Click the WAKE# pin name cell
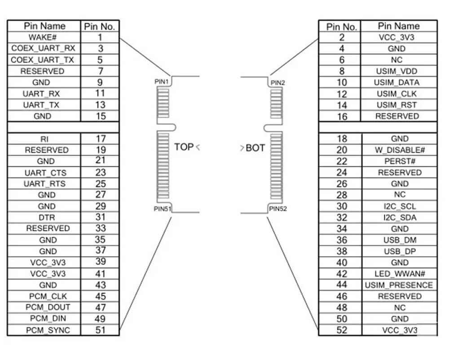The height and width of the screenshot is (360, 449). coord(44,37)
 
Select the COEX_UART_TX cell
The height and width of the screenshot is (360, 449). coord(44,60)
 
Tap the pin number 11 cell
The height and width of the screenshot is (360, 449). coord(100,93)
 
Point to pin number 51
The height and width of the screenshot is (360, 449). coord(100,330)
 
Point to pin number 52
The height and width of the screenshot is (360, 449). coord(342,330)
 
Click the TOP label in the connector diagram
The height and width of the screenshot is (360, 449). coord(184,147)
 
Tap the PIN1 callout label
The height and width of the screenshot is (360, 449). coord(160,82)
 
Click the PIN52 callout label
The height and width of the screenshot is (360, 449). coord(278,209)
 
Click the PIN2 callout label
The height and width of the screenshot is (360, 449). coord(277,83)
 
